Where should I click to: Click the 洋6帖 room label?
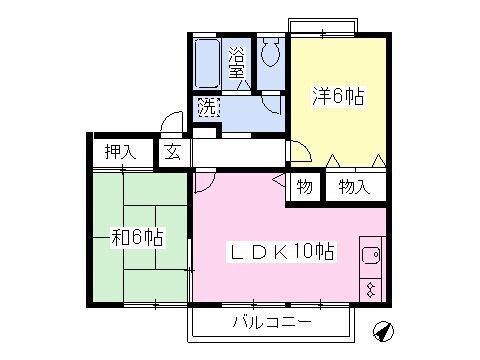click(339, 98)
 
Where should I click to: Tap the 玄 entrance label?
click(172, 153)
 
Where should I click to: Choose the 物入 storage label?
click(354, 186)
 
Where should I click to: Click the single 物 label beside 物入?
click(304, 186)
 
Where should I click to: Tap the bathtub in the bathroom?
click(208, 64)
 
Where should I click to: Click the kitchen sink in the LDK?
click(370, 256)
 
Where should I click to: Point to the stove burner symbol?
click(371, 290)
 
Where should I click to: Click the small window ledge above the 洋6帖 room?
click(322, 25)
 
